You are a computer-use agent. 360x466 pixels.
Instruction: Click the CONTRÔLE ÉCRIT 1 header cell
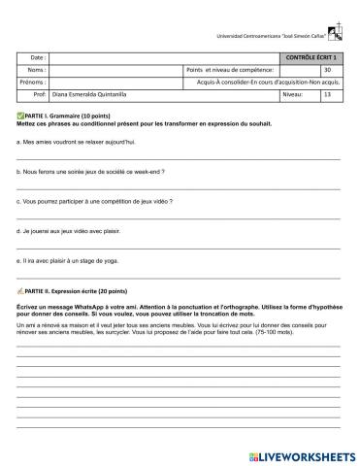(x=313, y=58)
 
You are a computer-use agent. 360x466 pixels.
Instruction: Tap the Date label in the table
(x=38, y=58)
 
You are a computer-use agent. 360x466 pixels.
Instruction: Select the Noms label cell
(x=38, y=70)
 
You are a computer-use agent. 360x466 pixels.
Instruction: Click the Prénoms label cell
(x=34, y=83)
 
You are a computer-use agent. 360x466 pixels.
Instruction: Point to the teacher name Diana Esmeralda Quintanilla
(x=89, y=95)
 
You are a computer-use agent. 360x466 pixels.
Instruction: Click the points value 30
(x=327, y=70)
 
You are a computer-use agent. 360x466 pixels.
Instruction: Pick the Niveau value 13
(x=327, y=95)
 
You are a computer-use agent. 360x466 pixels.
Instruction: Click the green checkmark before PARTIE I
(x=20, y=116)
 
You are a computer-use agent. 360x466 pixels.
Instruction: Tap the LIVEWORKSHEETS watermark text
(x=303, y=453)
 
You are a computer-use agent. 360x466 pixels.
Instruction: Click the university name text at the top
(x=272, y=36)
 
